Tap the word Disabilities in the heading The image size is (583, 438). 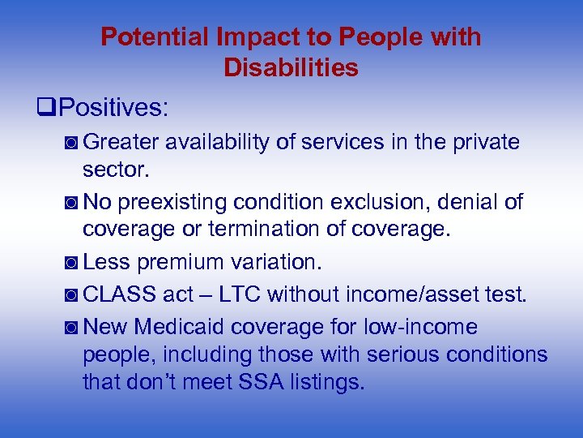point(291,68)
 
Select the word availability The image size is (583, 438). point(218,142)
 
